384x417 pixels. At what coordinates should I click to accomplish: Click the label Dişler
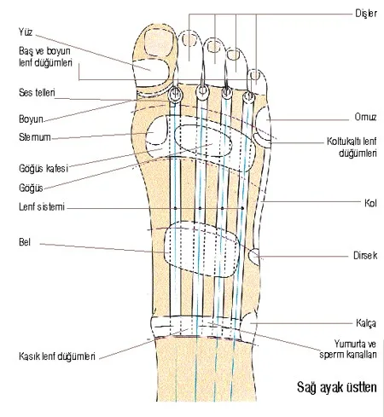click(366, 14)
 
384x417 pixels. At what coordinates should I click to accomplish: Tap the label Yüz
click(26, 32)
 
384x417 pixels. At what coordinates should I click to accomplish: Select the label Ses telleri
click(37, 92)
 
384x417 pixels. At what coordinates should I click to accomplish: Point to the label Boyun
click(31, 119)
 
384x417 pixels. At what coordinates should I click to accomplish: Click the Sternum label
click(35, 137)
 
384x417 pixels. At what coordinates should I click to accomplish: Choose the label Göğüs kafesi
click(44, 168)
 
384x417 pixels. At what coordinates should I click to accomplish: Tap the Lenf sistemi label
click(42, 206)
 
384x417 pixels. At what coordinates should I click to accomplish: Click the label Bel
click(25, 242)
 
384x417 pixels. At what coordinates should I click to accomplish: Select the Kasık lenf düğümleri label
click(57, 356)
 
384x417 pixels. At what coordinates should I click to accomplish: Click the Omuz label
click(365, 117)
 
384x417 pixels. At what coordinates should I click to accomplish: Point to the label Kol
click(370, 203)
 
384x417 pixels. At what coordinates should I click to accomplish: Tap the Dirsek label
click(365, 255)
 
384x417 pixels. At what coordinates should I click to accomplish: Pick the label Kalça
click(366, 323)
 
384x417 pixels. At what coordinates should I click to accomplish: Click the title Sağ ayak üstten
click(337, 387)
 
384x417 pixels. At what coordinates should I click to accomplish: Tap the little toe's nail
click(255, 75)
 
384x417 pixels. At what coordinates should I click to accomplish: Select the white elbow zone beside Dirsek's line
click(254, 257)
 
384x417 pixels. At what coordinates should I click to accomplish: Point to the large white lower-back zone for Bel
click(201, 249)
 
